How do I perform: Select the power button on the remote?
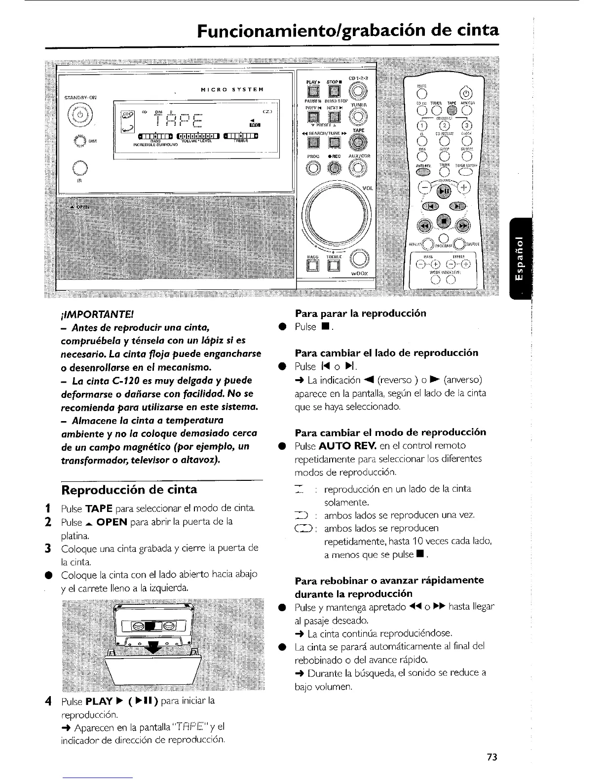[x=465, y=93]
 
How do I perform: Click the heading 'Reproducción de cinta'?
[x=129, y=489]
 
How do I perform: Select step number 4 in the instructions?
[x=48, y=702]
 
